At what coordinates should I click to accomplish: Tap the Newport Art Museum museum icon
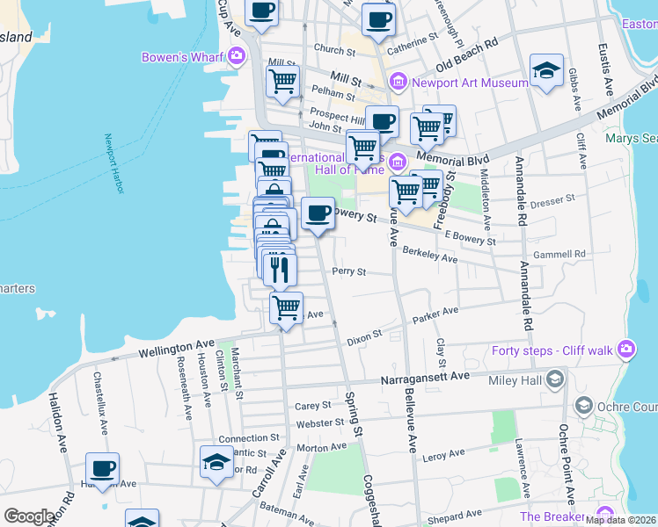[x=398, y=83]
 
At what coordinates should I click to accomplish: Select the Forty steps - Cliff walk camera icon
[x=625, y=348]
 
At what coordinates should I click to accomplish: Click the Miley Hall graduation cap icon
[x=554, y=379]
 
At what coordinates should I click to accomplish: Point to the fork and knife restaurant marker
[x=280, y=268]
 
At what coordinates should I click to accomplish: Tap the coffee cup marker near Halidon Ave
[x=103, y=469]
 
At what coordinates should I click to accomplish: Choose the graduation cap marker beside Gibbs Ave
[x=546, y=71]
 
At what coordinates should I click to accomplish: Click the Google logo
[x=28, y=516]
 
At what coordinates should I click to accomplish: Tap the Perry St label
[x=348, y=272]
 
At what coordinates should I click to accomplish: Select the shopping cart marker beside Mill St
[x=282, y=82]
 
